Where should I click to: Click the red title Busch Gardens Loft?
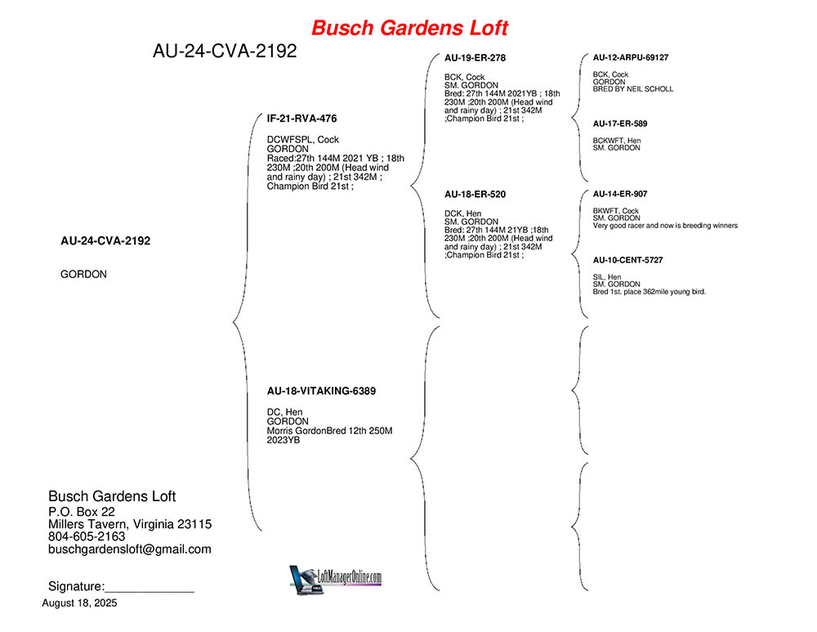pos(409,28)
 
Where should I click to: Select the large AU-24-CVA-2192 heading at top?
pos(225,51)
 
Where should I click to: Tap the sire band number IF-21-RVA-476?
pos(301,119)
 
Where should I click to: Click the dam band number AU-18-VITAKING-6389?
pos(321,391)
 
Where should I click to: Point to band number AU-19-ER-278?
pos(475,58)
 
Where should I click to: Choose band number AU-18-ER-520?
pos(475,194)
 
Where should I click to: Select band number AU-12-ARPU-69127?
pos(631,57)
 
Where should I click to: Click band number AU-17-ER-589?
pos(620,123)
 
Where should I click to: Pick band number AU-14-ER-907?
pos(620,194)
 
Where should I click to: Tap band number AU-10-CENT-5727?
pos(627,260)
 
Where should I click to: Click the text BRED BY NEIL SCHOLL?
pos(633,89)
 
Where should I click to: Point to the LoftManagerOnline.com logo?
pos(336,579)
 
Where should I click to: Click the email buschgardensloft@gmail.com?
pos(130,549)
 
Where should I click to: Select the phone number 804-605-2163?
pos(87,536)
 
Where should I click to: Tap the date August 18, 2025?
pos(80,603)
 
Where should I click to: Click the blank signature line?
pos(150,592)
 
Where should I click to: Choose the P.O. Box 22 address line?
pos(81,512)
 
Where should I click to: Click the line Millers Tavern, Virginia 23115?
pos(130,524)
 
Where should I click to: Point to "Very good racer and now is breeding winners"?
pos(665,226)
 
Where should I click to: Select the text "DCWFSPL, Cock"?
pos(303,140)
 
